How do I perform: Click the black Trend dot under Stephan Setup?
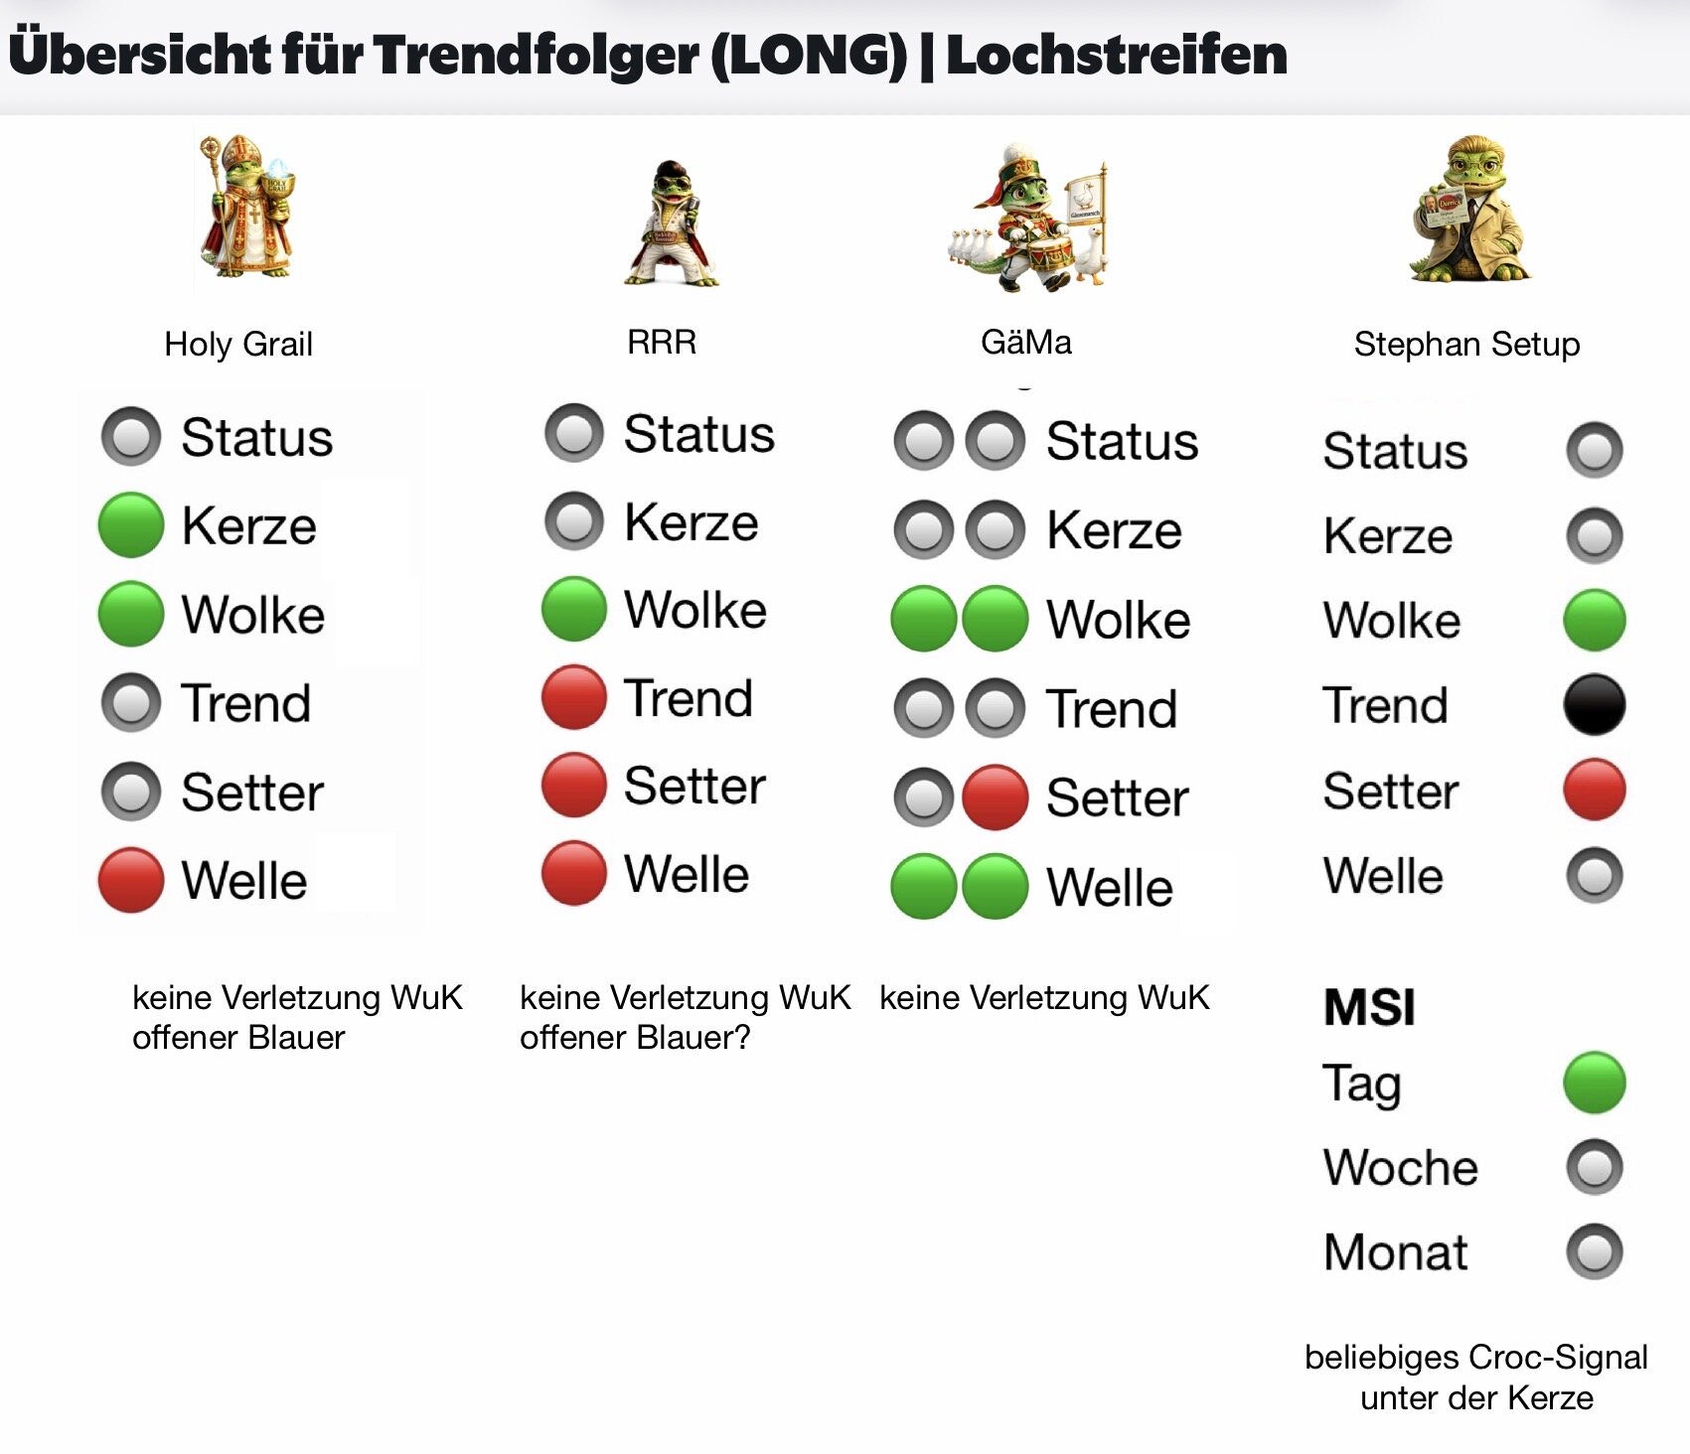tap(1594, 705)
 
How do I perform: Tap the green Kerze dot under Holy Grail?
tap(131, 524)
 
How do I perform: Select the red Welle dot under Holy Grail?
tap(131, 880)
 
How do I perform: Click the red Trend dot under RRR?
tap(573, 697)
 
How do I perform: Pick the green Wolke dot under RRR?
tap(573, 609)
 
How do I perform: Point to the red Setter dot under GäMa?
tap(995, 798)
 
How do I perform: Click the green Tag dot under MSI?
tap(1594, 1083)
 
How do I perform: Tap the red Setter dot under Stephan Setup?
tap(1594, 790)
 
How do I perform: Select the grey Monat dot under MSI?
tap(1594, 1251)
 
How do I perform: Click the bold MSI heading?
tap(1369, 1007)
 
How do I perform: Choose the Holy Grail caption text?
tap(238, 345)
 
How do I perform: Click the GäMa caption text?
tap(1025, 343)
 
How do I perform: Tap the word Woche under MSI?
tap(1400, 1168)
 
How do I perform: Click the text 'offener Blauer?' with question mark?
tap(635, 1038)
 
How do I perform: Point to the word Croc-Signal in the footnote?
tap(1558, 1358)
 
